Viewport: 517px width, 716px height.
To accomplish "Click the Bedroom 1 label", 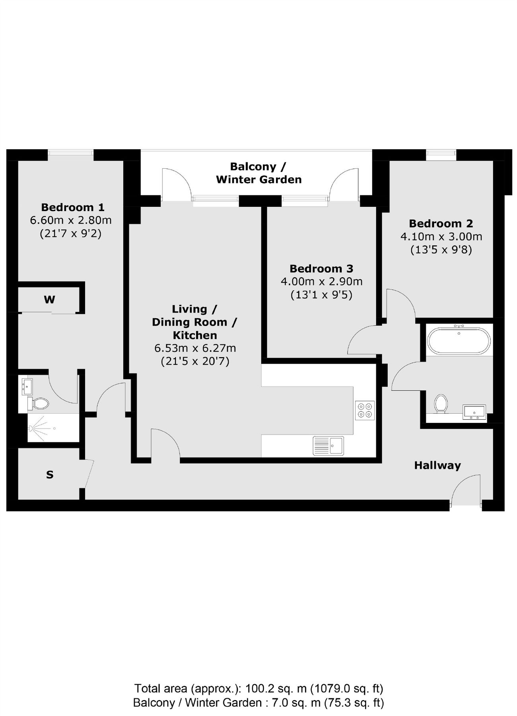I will click(73, 207).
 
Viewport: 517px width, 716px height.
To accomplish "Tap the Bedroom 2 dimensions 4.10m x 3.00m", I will click(441, 237).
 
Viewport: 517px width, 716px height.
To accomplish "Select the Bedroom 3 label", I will click(321, 268).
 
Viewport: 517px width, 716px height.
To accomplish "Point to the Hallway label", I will click(437, 465).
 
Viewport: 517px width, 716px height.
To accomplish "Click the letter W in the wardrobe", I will click(49, 300).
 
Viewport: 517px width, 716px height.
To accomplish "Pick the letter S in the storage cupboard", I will click(50, 475).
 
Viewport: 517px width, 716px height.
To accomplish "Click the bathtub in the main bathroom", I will click(459, 340).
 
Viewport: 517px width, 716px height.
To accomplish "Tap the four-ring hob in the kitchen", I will click(365, 410).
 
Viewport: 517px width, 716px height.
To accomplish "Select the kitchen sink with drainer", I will click(328, 446).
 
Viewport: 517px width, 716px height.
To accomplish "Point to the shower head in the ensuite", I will click(31, 428).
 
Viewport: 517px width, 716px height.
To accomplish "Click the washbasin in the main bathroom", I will click(474, 412).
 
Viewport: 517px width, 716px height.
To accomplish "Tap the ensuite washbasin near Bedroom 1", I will click(27, 386).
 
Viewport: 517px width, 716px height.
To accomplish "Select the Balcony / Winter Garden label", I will click(258, 173).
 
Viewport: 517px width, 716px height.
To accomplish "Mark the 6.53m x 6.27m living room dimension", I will click(195, 348).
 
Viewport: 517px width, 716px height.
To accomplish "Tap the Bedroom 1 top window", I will click(71, 154).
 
